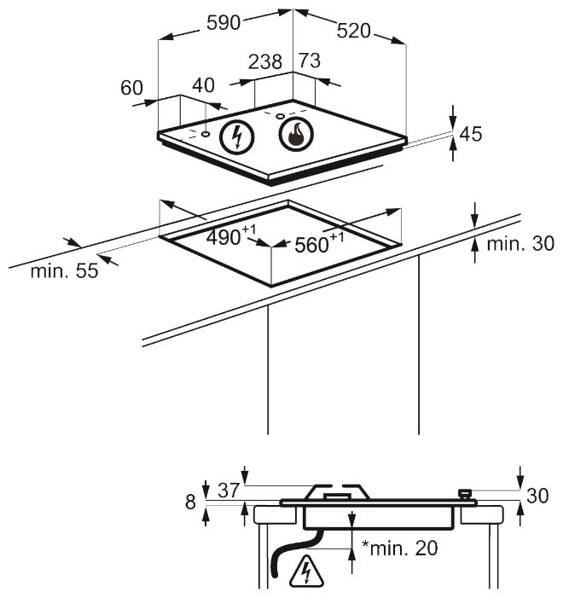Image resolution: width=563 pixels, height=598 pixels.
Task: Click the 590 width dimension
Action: (223, 23)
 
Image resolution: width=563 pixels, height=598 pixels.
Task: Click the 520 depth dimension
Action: (354, 31)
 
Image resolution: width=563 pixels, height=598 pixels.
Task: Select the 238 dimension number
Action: (265, 61)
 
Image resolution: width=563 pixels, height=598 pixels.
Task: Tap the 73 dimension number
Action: (310, 61)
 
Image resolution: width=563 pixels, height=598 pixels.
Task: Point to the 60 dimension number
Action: (131, 88)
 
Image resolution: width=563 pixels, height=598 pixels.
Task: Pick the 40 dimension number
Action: (203, 85)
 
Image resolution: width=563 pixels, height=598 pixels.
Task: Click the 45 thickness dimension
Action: (471, 134)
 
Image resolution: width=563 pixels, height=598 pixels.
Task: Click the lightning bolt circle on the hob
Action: (237, 136)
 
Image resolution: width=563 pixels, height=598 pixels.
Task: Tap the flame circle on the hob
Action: (296, 135)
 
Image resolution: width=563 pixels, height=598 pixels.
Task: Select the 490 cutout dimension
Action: (231, 236)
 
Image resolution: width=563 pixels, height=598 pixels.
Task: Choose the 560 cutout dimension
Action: (319, 243)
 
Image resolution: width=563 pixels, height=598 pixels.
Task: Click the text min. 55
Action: (65, 270)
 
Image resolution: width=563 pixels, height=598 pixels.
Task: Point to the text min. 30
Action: (520, 243)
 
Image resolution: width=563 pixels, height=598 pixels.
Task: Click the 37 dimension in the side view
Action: (229, 490)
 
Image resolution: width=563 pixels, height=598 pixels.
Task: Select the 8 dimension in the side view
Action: (190, 502)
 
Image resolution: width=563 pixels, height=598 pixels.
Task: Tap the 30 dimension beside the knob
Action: (537, 496)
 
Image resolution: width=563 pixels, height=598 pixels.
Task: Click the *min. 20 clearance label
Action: (399, 548)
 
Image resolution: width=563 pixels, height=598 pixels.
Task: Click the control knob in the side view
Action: (466, 495)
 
